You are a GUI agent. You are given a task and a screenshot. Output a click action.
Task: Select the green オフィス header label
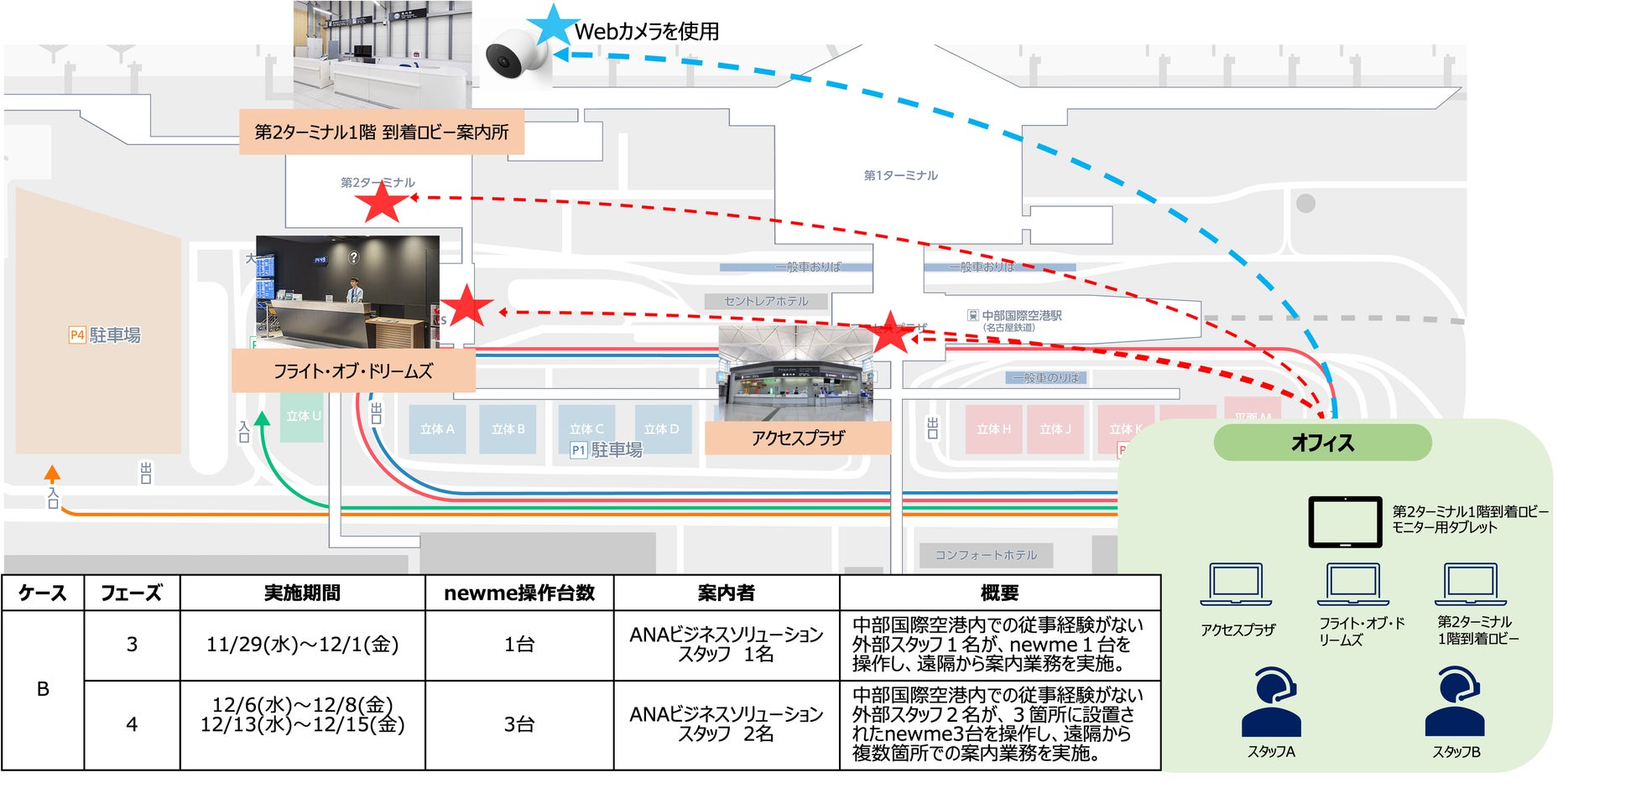[x=1322, y=443]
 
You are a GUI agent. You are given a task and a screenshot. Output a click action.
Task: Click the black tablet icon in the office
[x=1345, y=521]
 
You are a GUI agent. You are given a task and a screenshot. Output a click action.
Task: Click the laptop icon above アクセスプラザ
[x=1236, y=585]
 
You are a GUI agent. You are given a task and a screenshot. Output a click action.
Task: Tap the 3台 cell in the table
[x=519, y=724]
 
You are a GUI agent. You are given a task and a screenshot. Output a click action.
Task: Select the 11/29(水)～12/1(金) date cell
[x=302, y=645]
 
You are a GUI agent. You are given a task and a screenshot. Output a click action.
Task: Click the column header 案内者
[x=726, y=593]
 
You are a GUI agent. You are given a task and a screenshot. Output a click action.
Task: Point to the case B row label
[x=43, y=689]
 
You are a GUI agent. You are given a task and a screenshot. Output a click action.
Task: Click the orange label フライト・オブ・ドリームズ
[x=353, y=371]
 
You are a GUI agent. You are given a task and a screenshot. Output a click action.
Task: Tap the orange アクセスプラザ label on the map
[x=797, y=438]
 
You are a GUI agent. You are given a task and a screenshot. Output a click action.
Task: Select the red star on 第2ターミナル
[x=382, y=203]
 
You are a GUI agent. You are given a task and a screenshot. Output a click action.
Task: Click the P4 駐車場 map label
[x=105, y=335]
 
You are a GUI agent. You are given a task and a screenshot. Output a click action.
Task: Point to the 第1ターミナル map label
[x=900, y=175]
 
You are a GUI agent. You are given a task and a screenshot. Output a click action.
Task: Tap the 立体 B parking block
[x=508, y=429]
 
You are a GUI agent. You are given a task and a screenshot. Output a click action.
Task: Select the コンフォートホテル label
[x=986, y=555]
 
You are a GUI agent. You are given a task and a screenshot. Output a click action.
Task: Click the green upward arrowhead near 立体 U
[x=263, y=418]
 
